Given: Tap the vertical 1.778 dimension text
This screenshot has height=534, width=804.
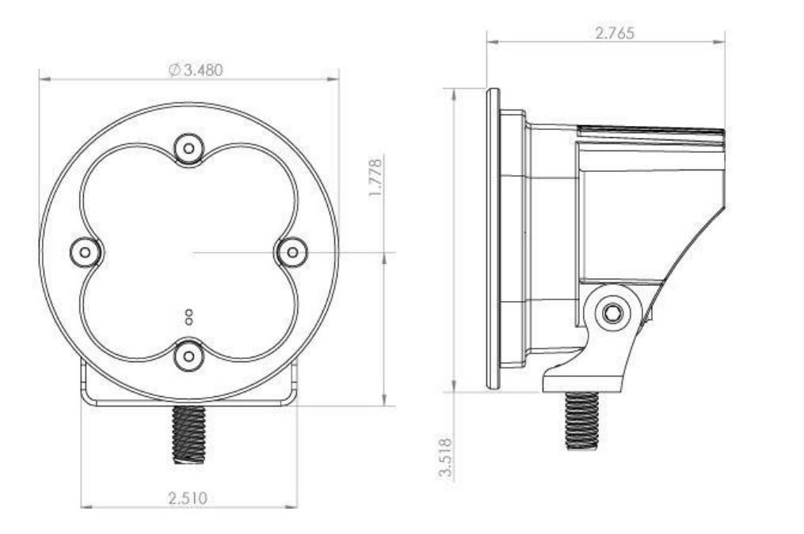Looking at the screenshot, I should [377, 179].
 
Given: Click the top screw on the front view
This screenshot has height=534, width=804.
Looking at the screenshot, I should [189, 147].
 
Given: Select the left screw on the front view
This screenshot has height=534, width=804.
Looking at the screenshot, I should [86, 252].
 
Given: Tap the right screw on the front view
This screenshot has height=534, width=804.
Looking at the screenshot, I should [292, 252].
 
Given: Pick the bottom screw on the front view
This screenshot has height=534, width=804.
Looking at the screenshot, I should [189, 356].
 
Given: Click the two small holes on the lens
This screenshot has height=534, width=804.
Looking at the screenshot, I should [189, 317].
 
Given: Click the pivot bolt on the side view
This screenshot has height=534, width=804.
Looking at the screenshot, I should [612, 313].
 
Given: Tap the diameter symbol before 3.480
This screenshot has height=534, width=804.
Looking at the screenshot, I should [174, 70].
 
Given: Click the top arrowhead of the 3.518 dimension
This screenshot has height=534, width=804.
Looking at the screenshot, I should [454, 92].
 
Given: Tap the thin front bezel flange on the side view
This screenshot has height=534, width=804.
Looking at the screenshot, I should [493, 238].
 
